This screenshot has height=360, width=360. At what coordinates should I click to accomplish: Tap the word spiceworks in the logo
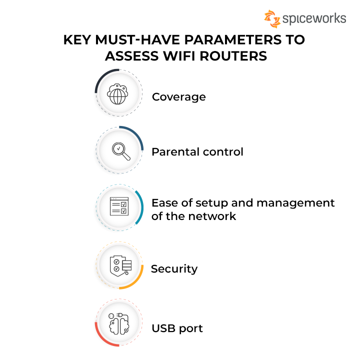pyautogui.click(x=314, y=19)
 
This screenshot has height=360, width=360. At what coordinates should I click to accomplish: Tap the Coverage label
pyautogui.click(x=178, y=96)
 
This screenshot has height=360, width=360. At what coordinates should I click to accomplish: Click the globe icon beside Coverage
pyautogui.click(x=119, y=93)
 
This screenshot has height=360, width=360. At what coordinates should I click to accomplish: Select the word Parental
pyautogui.click(x=172, y=151)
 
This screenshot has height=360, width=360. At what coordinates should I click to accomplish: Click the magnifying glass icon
pyautogui.click(x=120, y=150)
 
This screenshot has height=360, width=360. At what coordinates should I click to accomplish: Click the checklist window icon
pyautogui.click(x=119, y=206)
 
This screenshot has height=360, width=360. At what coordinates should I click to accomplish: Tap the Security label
pyautogui.click(x=174, y=269)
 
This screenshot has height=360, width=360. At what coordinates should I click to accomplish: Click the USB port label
pyautogui.click(x=177, y=328)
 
